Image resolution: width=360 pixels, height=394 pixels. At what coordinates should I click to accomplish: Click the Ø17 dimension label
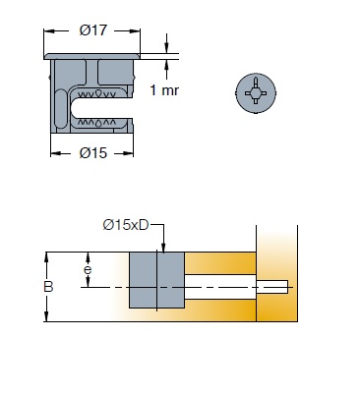[93, 30]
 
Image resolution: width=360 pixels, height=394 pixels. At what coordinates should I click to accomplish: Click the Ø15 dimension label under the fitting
[93, 153]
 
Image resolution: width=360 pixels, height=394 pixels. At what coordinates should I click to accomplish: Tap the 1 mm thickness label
[164, 90]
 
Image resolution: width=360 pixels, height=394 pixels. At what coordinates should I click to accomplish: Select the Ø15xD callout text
[126, 225]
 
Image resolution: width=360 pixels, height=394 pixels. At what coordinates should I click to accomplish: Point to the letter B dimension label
[48, 287]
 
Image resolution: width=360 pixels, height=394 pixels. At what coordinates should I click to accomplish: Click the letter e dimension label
[88, 270]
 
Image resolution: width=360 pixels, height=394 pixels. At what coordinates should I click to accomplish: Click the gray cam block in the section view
[157, 280]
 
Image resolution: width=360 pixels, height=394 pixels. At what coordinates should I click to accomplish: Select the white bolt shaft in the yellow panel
[220, 287]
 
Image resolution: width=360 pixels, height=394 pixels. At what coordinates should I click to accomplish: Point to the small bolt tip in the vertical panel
[272, 287]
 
